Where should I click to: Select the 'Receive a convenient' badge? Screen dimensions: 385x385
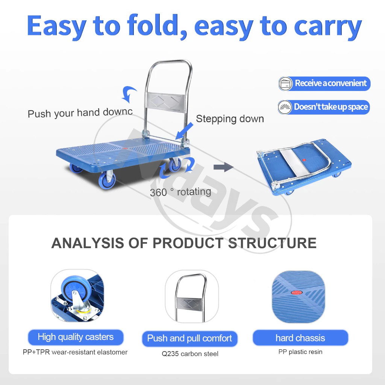[x=324, y=83]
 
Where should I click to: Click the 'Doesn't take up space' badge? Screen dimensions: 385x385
[x=324, y=107]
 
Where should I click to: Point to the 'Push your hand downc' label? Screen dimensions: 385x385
[x=80, y=113]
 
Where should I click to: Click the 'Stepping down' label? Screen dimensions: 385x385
[x=230, y=119]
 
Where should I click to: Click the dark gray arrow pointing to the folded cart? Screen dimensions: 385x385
[x=223, y=167]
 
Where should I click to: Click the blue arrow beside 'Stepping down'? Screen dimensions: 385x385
[x=184, y=131]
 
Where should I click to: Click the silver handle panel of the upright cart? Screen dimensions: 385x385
[x=165, y=102]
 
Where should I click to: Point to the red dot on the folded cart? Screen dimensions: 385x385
[x=304, y=160]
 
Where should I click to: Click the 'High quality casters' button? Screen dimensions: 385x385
[x=76, y=337]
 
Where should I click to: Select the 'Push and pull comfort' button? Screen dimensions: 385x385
[x=189, y=339]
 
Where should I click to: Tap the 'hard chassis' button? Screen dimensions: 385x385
[x=300, y=338]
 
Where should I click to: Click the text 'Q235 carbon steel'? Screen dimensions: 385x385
[x=190, y=354]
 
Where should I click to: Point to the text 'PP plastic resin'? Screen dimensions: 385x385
[x=300, y=352]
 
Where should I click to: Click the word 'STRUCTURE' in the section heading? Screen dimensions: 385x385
[x=272, y=243]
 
